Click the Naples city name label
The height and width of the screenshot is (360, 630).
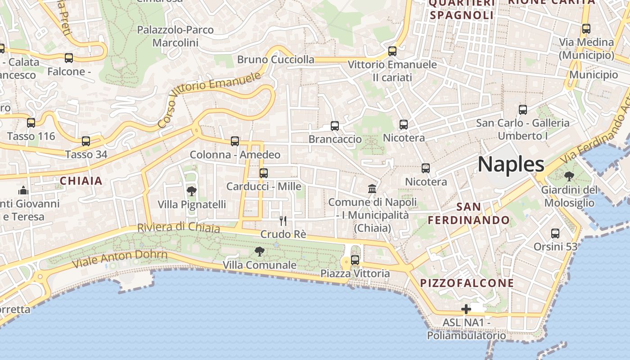(511, 164)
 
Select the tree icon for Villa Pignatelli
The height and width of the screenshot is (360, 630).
(191, 191)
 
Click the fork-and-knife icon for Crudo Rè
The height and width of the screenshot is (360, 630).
(283, 220)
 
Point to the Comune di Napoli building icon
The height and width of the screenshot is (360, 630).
(372, 189)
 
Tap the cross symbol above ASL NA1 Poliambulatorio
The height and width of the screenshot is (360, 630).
(466, 309)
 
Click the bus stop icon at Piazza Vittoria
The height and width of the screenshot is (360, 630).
(355, 260)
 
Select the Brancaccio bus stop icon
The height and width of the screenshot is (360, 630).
(335, 126)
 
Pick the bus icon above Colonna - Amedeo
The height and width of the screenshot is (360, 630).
(235, 141)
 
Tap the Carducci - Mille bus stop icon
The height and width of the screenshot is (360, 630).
(264, 173)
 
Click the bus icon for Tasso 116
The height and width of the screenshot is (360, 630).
(31, 122)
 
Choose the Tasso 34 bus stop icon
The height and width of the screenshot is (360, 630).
(86, 141)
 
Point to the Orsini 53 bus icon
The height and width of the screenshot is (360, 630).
(555, 233)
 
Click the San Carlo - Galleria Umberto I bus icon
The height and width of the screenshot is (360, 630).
(523, 109)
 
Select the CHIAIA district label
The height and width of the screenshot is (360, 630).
(81, 181)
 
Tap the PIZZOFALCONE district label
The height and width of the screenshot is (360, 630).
(467, 283)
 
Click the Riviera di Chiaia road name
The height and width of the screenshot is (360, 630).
(179, 227)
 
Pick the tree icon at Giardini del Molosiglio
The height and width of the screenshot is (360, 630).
(569, 176)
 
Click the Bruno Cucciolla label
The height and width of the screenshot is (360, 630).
(276, 59)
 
